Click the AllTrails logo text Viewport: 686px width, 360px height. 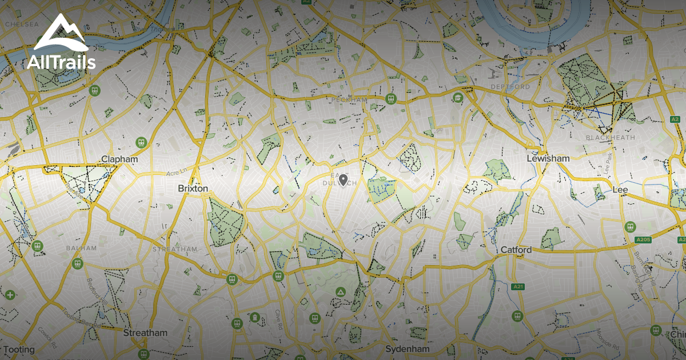click(61, 62)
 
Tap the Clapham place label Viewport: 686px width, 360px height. click(119, 159)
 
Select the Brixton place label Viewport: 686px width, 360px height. click(193, 188)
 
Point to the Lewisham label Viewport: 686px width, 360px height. click(548, 158)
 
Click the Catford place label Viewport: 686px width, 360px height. click(516, 250)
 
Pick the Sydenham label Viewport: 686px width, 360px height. click(407, 349)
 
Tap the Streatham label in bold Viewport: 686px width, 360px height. click(146, 333)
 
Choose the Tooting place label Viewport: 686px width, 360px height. click(18, 349)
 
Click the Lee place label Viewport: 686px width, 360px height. click(620, 190)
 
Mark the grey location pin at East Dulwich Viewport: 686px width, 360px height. click(343, 181)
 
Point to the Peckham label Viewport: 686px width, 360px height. click(349, 100)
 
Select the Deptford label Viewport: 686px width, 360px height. click(510, 87)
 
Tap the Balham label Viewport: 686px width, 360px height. click(78, 249)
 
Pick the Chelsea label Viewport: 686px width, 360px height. click(22, 25)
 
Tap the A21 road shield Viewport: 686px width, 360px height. click(519, 286)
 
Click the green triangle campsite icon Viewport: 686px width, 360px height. click(341, 292)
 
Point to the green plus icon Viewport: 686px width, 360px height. click(10, 295)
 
